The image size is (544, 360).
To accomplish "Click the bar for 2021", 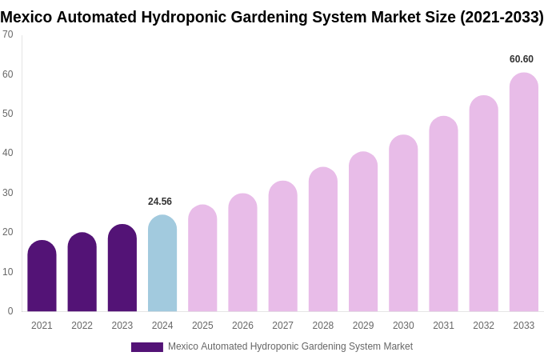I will [42, 276].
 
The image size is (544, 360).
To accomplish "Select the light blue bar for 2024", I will [162, 263].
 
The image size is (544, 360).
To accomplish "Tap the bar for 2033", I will [523, 192].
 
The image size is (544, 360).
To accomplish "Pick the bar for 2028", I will [323, 239].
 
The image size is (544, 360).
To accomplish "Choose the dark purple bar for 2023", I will [122, 268].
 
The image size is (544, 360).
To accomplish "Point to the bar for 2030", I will [403, 223].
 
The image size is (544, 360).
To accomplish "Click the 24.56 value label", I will [160, 202].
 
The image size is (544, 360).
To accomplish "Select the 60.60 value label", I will [522, 59].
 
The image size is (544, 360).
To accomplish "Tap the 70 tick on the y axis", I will [8, 34].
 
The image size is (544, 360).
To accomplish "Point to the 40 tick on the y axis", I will [8, 153].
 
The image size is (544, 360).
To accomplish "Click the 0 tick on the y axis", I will [10, 311].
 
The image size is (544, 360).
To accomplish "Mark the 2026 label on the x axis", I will [242, 326].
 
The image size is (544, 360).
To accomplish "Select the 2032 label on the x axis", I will [483, 326].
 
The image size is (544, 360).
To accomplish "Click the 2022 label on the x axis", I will [82, 326].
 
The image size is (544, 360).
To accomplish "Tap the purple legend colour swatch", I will [147, 347].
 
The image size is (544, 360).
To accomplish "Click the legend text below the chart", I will [290, 346].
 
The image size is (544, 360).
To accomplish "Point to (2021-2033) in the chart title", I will [502, 17].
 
